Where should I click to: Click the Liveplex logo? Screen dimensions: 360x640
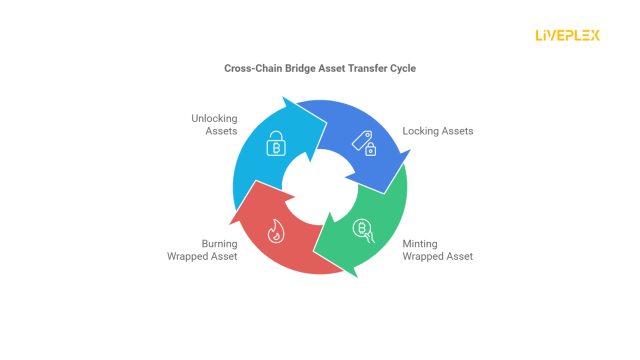click(567, 35)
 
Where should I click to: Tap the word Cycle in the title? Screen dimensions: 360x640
click(402, 68)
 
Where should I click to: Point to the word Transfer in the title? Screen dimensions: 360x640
click(366, 68)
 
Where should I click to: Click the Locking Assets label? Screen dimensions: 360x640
click(437, 131)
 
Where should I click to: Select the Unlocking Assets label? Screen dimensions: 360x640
click(214, 125)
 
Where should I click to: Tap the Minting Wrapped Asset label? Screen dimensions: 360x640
click(437, 250)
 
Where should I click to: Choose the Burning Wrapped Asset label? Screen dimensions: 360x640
click(202, 250)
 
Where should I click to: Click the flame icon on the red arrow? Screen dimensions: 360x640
click(275, 231)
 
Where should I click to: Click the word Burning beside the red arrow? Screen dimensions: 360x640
click(219, 244)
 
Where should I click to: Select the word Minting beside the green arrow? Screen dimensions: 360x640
click(420, 244)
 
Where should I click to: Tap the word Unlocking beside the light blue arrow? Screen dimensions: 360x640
click(214, 118)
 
